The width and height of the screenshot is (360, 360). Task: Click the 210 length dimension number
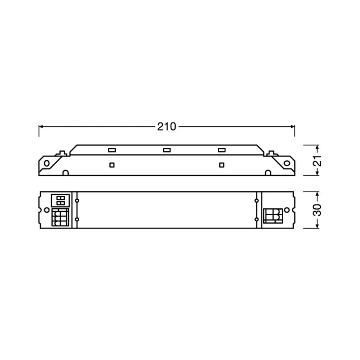[166, 127]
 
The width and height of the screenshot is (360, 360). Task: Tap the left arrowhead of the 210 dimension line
[41, 127]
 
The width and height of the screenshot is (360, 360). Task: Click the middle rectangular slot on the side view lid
[166, 150]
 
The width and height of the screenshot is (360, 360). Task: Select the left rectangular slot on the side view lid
[112, 150]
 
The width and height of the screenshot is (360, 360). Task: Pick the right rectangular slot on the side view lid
[221, 150]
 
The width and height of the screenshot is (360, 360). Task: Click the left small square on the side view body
[112, 164]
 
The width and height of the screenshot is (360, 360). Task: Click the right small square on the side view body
[221, 164]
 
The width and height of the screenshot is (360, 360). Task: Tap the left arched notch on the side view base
[65, 172]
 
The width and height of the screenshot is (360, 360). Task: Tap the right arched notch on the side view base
[268, 172]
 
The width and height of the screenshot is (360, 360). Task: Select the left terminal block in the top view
[60, 217]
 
